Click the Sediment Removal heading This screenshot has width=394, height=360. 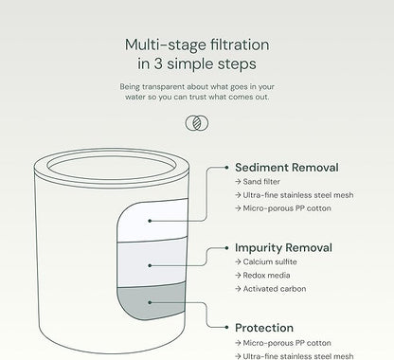tap(287, 168)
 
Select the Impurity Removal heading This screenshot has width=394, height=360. tap(283, 248)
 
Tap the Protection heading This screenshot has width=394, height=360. tap(264, 328)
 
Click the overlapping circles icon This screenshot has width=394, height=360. tap(197, 123)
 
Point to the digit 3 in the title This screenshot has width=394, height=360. tap(158, 63)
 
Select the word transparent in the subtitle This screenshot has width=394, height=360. tap(164, 87)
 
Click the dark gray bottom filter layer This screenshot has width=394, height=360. tap(151, 301)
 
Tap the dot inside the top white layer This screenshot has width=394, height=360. tap(150, 221)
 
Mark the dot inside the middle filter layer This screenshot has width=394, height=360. tap(150, 265)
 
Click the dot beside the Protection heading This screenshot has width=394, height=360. tap(226, 328)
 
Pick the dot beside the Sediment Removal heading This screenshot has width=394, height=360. tap(226, 168)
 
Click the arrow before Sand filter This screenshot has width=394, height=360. tap(238, 182)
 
